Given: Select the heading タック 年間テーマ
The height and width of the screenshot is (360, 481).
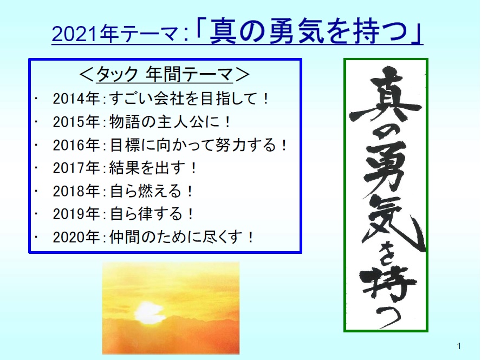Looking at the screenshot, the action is click(165, 75).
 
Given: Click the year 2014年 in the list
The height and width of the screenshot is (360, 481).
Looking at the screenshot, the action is click(76, 99).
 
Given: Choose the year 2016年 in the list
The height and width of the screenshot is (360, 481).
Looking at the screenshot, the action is click(76, 145).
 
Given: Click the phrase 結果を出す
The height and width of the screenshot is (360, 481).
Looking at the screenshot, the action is click(147, 168).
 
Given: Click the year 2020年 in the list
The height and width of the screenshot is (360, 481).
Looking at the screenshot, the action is click(76, 237).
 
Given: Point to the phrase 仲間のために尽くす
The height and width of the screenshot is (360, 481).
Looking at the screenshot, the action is click(176, 237).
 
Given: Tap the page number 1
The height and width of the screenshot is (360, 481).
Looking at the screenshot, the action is click(459, 346).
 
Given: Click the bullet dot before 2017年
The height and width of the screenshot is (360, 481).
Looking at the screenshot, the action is click(36, 167).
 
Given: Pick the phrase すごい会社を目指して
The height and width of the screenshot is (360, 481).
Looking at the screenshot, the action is click(183, 99).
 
